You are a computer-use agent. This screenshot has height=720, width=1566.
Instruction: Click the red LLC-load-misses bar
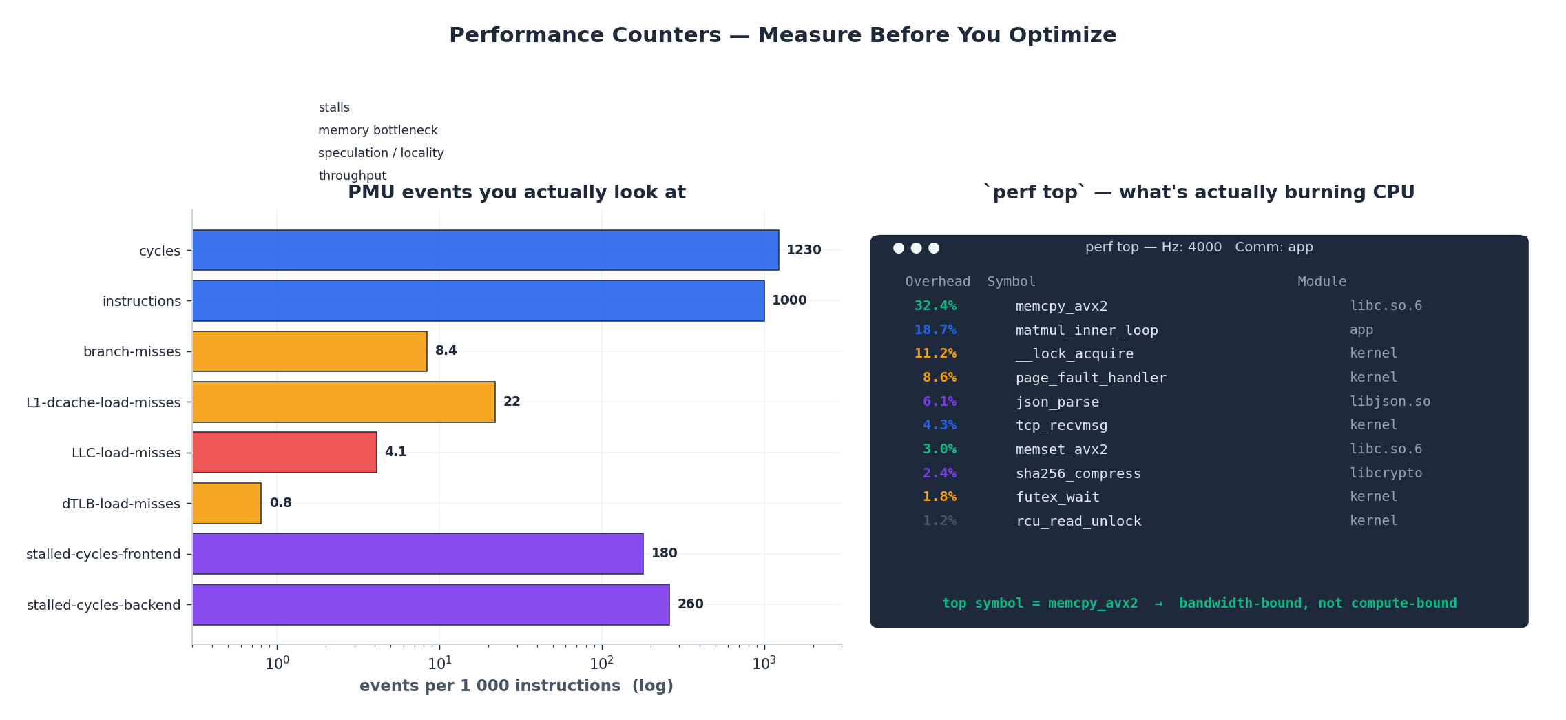click(284, 452)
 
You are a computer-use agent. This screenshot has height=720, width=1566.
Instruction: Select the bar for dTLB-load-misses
click(227, 503)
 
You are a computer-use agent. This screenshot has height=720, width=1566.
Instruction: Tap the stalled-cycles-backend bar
click(430, 604)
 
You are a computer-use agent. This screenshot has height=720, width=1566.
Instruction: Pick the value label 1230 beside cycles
click(804, 250)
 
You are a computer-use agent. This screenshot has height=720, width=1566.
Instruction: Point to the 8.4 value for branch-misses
click(446, 351)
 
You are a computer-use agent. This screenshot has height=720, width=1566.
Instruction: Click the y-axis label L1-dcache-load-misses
click(103, 402)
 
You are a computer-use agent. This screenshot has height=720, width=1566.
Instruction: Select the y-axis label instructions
click(141, 301)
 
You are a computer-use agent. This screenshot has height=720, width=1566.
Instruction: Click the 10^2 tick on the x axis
click(601, 664)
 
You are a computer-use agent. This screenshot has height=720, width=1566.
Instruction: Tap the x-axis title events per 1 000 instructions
click(516, 686)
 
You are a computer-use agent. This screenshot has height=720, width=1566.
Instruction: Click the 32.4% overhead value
click(935, 306)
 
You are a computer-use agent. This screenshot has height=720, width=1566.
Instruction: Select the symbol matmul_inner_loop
click(1086, 330)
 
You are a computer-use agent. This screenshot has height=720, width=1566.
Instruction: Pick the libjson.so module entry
click(1389, 401)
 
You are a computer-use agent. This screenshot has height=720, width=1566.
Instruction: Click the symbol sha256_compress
click(1078, 473)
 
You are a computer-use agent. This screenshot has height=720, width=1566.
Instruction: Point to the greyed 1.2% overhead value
click(939, 521)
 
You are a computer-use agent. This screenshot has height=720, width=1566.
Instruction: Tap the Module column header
click(1322, 281)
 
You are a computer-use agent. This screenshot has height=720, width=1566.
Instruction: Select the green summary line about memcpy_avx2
click(1199, 603)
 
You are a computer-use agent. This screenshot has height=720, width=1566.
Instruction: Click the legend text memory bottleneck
click(377, 130)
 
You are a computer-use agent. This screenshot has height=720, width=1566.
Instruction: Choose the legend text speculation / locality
click(381, 153)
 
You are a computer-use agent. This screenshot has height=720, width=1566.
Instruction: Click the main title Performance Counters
click(782, 35)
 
